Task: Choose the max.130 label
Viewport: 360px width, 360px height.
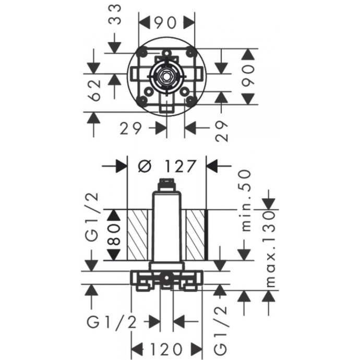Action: pyautogui.click(x=269, y=248)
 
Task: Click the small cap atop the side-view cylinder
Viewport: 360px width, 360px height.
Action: pyautogui.click(x=166, y=183)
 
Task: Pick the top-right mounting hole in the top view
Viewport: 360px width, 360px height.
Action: pyautogui.click(x=190, y=53)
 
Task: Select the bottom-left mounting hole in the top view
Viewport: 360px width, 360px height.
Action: pyautogui.click(x=142, y=99)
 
